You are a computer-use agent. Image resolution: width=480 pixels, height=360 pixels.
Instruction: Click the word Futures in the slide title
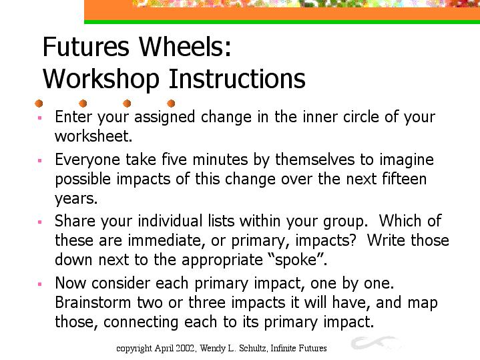[85, 47]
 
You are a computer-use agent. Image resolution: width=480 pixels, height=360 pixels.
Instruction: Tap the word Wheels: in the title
[185, 47]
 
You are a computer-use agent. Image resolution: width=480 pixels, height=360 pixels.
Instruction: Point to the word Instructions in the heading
[237, 78]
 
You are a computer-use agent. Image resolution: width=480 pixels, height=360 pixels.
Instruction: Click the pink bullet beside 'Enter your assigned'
[40, 118]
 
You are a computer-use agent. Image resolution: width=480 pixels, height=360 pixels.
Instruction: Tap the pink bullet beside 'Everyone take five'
[40, 160]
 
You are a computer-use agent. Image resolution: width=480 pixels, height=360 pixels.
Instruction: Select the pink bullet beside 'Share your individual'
[40, 222]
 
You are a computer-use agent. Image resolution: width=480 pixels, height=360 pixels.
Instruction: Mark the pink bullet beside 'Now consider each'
[40, 284]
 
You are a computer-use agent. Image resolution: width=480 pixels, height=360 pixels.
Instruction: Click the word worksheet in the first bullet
[93, 136]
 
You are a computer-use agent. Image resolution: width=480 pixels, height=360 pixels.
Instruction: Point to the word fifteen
[405, 178]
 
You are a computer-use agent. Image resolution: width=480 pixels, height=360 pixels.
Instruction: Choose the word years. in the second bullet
[76, 199]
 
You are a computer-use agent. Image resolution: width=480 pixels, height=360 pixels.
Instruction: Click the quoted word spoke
[296, 260]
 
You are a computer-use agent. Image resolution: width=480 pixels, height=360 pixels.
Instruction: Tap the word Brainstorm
[93, 303]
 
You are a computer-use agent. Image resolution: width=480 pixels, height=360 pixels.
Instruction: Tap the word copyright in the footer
[134, 349]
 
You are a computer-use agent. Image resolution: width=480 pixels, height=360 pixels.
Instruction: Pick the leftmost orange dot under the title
[39, 104]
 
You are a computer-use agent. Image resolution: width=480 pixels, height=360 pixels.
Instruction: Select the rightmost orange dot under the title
[171, 104]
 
